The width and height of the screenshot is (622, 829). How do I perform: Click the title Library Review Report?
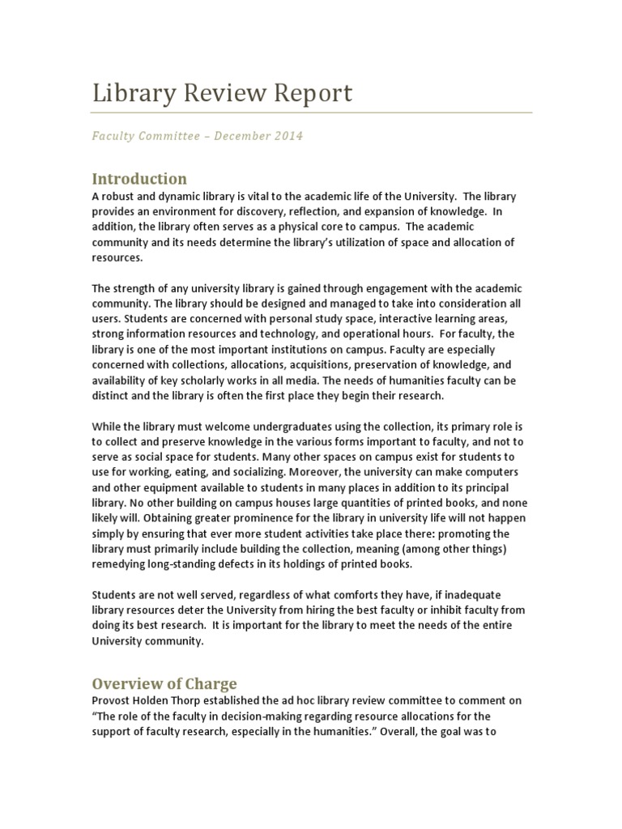[x=222, y=94]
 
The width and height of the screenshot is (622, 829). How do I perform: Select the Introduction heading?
[x=138, y=179]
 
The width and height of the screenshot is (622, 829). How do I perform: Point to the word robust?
[x=122, y=198]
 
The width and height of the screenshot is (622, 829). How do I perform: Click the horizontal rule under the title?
[x=311, y=113]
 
